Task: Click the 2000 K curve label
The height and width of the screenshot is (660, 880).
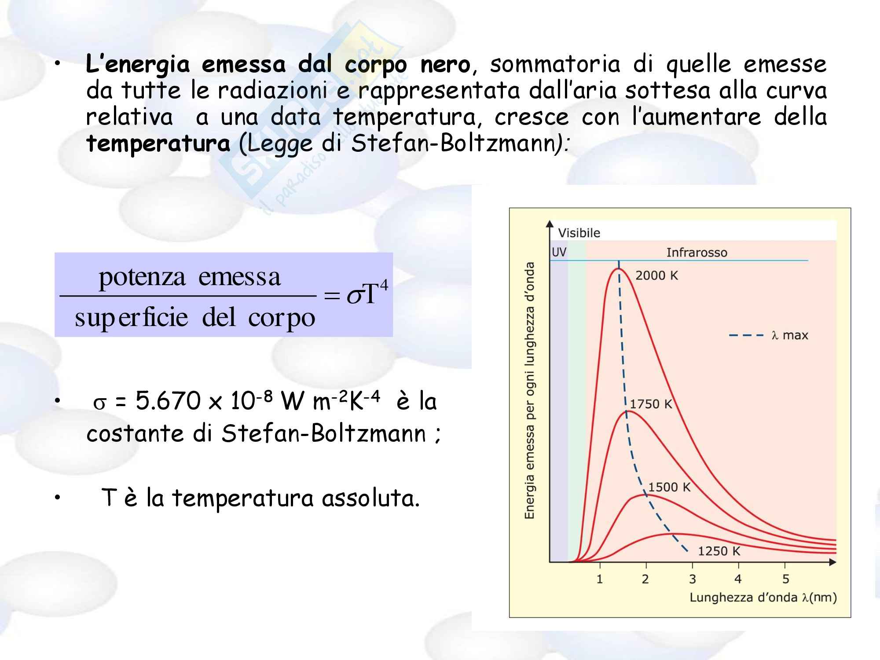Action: (x=656, y=275)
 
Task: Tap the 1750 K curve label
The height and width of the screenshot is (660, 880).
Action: (x=651, y=404)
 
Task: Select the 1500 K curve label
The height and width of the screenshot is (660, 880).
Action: (x=669, y=487)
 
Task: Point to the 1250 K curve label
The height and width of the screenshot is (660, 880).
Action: (x=719, y=551)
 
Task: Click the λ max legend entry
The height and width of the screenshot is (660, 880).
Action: (x=769, y=335)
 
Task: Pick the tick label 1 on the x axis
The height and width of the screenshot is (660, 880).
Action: (x=599, y=579)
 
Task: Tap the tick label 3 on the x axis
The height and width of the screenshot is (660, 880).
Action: (x=692, y=579)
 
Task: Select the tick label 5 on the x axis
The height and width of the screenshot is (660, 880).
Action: (x=785, y=579)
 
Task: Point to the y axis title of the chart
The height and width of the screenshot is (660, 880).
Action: (x=530, y=390)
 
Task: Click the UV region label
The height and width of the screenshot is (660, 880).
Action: (x=559, y=252)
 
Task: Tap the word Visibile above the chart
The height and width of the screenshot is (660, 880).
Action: (x=579, y=233)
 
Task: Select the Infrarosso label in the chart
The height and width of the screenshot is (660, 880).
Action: (x=697, y=253)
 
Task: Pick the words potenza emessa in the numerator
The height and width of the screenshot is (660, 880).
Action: (x=190, y=277)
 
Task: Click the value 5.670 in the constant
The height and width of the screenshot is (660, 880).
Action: (x=168, y=401)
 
